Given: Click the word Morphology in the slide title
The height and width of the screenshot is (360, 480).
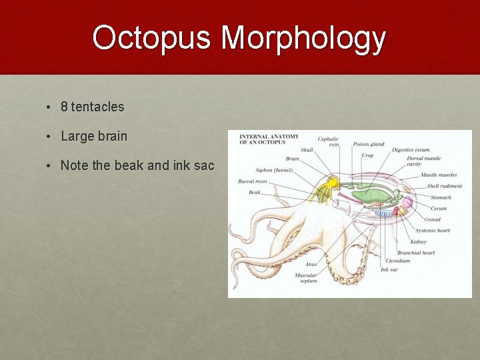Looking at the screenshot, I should pos(303,39).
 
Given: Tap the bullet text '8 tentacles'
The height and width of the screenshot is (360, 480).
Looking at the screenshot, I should pos(92,107).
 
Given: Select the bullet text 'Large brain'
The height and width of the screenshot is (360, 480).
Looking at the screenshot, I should pos(93,136).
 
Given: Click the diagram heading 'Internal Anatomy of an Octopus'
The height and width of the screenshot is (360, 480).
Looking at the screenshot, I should pos(269,139).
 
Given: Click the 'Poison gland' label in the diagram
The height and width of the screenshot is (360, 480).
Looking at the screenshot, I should pos(369,144).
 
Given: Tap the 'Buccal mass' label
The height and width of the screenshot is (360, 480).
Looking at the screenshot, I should pos(253,181).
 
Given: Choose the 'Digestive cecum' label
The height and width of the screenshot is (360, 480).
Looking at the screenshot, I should pos(411,151).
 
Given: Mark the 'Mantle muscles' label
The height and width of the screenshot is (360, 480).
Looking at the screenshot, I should pos(439,175).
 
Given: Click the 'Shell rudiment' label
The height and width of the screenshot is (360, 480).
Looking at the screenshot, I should pos(444,186).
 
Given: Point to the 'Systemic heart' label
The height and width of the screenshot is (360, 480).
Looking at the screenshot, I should pos(433,231).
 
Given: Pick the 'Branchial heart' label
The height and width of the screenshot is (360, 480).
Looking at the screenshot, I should pos(416,253).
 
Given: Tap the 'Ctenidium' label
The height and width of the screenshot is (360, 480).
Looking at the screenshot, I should pos(398,261).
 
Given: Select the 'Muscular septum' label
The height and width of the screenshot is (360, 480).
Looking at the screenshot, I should pos(306,277).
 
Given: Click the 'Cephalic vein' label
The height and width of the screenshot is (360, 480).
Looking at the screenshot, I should pos(328,142).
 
